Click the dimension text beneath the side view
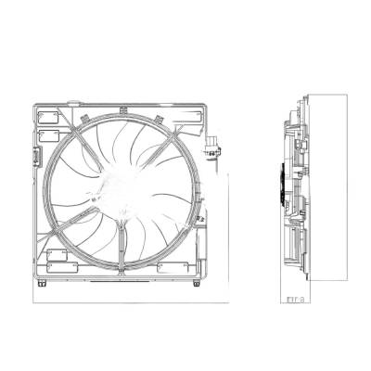click(x=297, y=299)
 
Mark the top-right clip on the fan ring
click(x=160, y=118)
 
